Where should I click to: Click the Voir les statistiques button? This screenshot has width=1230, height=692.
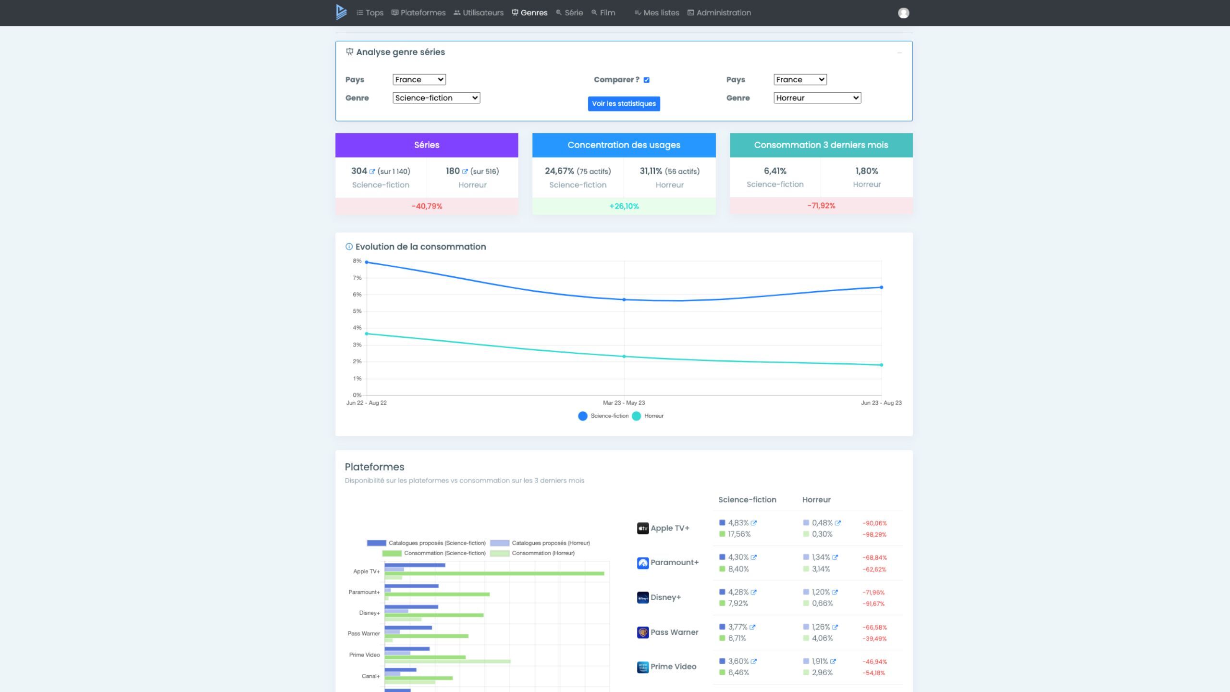pos(624,103)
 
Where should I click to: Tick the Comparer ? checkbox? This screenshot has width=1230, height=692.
pos(646,80)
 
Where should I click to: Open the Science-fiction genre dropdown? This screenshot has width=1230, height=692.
pos(436,98)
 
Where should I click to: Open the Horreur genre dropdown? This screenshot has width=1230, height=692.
pos(817,98)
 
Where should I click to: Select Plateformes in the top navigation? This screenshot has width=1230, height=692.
pos(418,13)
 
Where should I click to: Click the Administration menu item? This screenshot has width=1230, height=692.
pos(719,13)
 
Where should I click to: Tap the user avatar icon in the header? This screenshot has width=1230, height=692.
pos(903,13)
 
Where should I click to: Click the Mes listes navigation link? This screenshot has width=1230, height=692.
pos(657,13)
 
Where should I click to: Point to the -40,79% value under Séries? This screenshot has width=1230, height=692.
pos(427,206)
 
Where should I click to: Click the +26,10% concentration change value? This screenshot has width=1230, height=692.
pos(624,206)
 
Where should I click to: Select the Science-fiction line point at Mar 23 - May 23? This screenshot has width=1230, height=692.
pos(624,299)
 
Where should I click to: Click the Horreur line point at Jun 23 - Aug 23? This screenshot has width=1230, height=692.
pos(881,365)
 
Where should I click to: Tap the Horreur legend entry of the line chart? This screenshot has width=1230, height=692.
pos(648,416)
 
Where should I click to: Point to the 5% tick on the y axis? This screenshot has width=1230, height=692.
pos(357,311)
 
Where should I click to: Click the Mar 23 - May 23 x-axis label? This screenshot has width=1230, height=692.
pos(624,403)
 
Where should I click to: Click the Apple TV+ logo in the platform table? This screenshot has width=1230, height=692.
pos(643,529)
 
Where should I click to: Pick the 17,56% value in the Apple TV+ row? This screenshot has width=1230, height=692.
pos(739,534)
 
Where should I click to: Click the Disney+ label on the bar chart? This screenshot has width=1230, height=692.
pos(369,613)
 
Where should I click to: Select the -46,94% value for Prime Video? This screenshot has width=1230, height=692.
pos(874,662)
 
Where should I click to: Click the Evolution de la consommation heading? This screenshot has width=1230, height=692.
pos(420,247)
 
